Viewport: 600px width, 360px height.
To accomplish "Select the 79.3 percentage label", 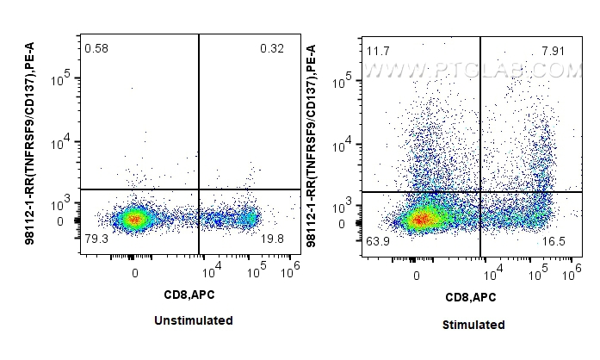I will click(x=96, y=239).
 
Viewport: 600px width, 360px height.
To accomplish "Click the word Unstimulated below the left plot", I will click(x=193, y=320).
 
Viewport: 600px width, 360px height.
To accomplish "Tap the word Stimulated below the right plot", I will click(x=473, y=325).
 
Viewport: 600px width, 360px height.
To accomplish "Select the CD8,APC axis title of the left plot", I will click(x=191, y=295).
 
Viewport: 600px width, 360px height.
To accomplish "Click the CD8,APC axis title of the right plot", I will click(x=472, y=297).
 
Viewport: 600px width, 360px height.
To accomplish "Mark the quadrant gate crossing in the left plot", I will click(x=200, y=189).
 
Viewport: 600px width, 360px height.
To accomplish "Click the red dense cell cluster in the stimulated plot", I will click(x=419, y=220).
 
